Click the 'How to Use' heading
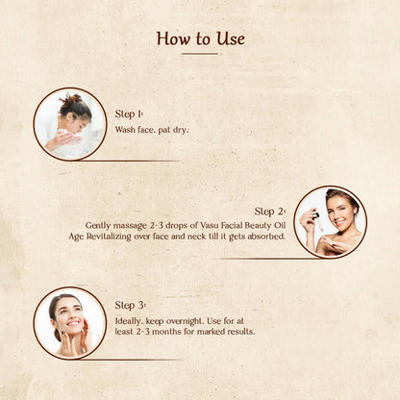200,38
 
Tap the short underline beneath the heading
200,54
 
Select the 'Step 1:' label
131,113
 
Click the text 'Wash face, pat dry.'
152,129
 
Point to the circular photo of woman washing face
70,123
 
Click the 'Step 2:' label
270,211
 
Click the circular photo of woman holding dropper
329,222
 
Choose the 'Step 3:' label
131,305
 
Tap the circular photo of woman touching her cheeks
69,322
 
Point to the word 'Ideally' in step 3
131,320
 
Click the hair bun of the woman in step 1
70,98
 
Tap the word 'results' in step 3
237,332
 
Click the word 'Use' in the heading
229,38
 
